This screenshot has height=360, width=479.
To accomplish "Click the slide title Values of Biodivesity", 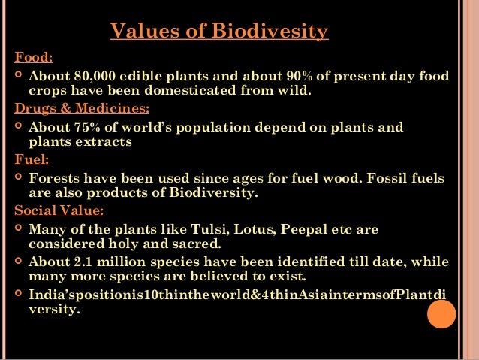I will [x=218, y=32].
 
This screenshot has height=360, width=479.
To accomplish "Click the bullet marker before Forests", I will [x=18, y=178].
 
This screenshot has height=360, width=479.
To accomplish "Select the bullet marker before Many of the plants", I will [x=18, y=228].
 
